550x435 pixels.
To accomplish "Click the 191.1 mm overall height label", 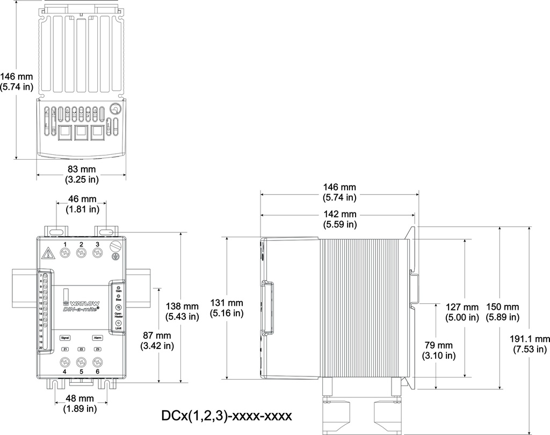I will pos(530,344).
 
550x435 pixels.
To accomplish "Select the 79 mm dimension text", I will pos(438,350).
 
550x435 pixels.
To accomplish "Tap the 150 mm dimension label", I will pos(502,312).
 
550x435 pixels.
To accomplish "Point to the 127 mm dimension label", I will pos(462,312).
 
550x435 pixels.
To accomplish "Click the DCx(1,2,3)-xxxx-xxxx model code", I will pos(226,416).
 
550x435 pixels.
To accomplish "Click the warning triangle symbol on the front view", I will pos(48,252).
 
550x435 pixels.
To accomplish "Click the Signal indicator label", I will pos(65,338).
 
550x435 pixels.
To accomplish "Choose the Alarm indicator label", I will pos(97,338).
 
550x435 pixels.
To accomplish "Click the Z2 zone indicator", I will pos(81,350).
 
